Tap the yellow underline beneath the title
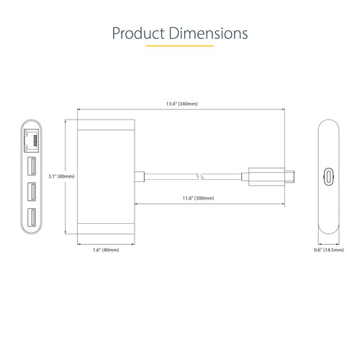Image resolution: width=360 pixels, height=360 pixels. [x=179, y=46]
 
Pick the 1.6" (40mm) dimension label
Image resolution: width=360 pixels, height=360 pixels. [x=106, y=250]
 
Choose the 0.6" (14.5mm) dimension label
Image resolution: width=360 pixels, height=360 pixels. [x=328, y=250]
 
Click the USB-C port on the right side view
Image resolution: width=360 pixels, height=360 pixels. [x=329, y=176]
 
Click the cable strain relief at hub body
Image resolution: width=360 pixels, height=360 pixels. [x=139, y=176]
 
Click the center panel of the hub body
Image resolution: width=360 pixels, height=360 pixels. [x=106, y=176]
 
